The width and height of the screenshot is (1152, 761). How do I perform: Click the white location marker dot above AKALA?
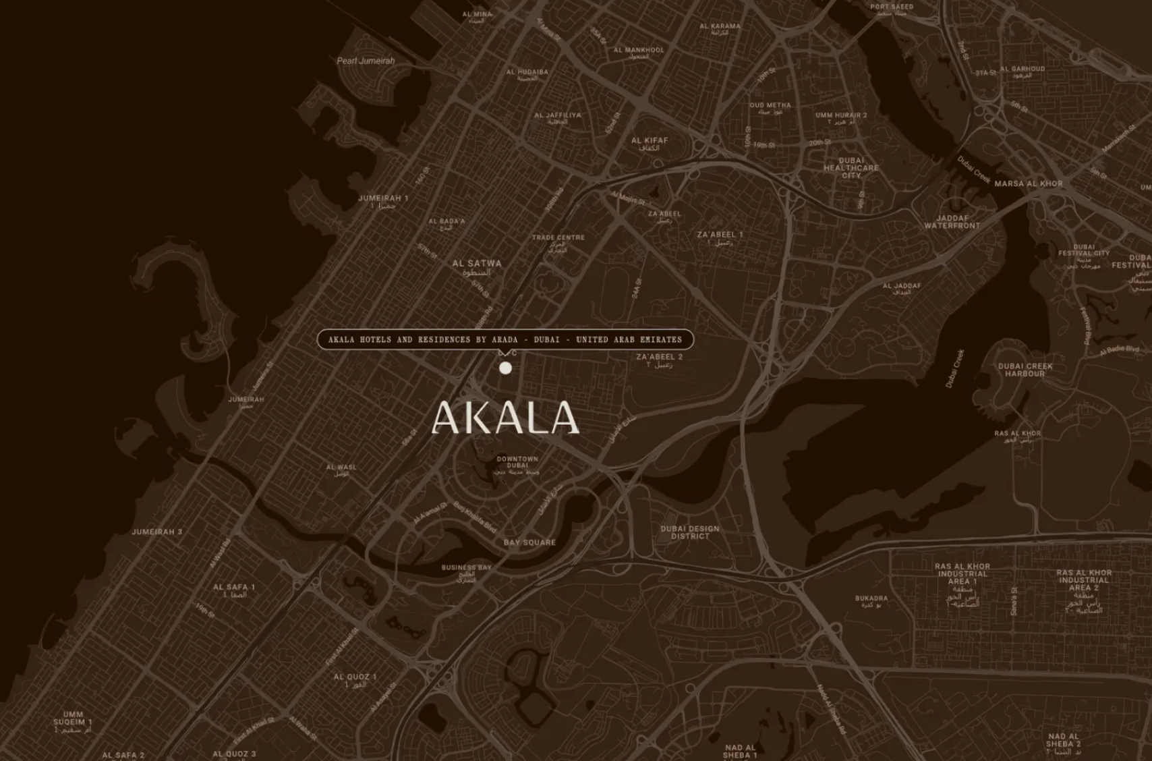pos(505,368)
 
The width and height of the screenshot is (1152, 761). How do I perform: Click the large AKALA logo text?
pos(505,418)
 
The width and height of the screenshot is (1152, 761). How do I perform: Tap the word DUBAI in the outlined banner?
pos(546,339)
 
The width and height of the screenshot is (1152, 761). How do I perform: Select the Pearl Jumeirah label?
pos(366,61)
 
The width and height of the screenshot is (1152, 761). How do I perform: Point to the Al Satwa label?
pos(477,264)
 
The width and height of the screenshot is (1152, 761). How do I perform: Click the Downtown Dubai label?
pos(517,463)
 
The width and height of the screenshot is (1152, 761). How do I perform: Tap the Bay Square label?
pos(529,542)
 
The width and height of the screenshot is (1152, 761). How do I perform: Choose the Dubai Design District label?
pos(689,532)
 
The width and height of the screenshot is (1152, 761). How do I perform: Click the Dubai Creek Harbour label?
pos(1025,370)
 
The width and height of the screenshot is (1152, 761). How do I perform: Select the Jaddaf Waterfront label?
pos(952,222)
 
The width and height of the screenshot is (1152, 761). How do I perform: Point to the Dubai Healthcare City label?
pos(851,168)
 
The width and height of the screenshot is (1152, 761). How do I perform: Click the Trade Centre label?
pos(558,237)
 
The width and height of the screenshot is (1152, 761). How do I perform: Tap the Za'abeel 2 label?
pos(659,357)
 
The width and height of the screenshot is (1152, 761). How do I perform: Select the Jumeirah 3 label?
pos(156,532)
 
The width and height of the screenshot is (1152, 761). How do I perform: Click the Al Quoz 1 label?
pos(355,677)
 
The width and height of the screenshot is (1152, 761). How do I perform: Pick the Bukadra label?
pos(871,598)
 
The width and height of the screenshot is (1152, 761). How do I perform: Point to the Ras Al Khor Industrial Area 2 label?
pos(1083,580)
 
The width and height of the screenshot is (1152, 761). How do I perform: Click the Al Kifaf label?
pos(650,141)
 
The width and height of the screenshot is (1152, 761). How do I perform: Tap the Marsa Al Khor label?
pos(1028,184)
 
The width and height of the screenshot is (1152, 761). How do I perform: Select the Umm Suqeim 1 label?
pos(73,718)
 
